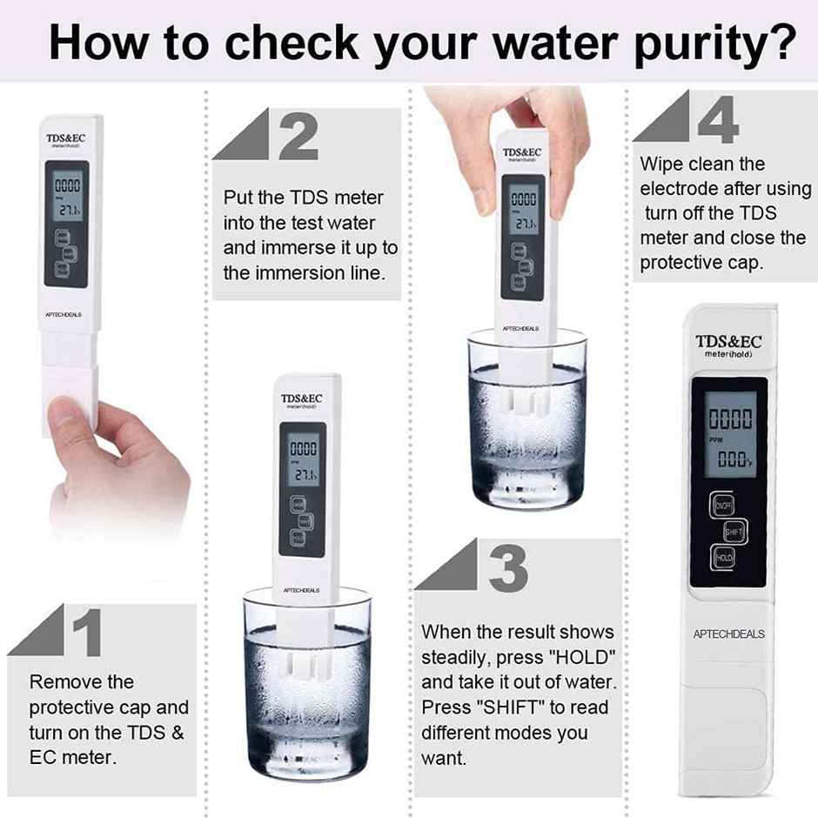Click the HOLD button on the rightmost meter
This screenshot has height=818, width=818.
click(x=724, y=557)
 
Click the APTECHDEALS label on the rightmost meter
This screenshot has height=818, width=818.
click(x=728, y=634)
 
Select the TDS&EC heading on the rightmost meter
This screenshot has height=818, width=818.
click(x=728, y=341)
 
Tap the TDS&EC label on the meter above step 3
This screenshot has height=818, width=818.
click(x=522, y=152)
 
